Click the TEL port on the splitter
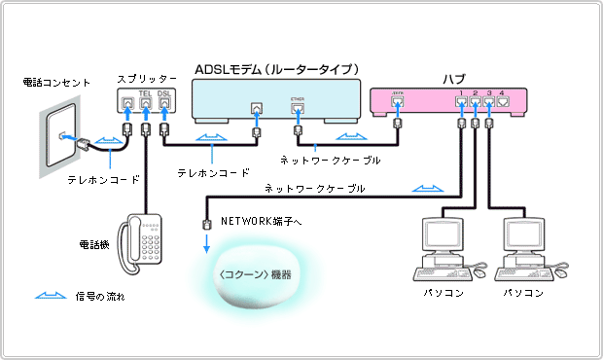point(145,101)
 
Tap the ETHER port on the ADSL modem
point(298,108)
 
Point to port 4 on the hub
point(502,99)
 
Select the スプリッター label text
point(146,77)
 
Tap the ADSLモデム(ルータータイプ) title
point(277,69)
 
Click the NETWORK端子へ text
point(262,222)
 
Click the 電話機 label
point(93,243)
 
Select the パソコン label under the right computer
point(523,292)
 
